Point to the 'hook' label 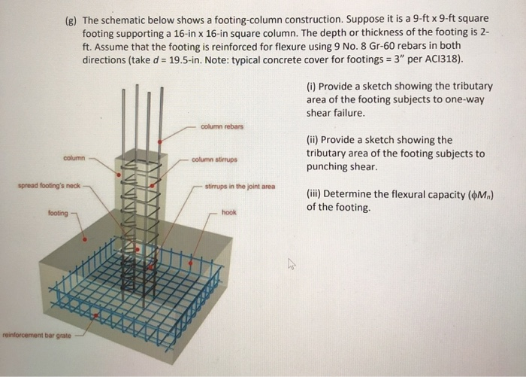click(228, 213)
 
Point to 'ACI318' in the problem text click(443, 59)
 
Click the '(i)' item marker click(311, 86)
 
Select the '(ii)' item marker click(313, 140)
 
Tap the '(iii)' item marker click(314, 193)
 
